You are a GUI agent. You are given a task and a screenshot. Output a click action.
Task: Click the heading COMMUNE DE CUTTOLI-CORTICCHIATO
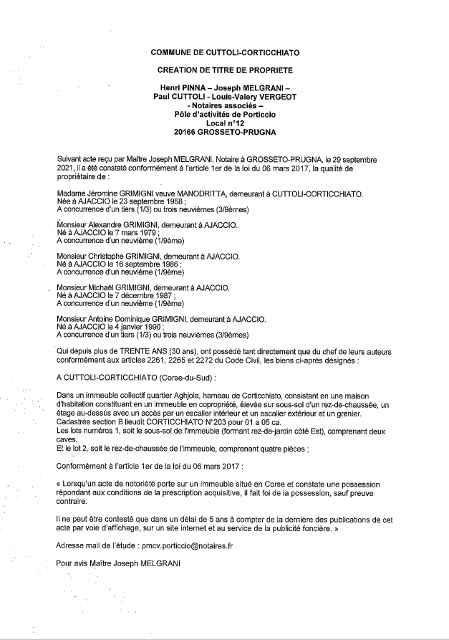[x=225, y=53]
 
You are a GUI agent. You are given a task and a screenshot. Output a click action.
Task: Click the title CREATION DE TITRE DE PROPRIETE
[x=225, y=70]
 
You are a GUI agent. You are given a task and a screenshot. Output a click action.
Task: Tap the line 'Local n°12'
[x=225, y=123]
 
